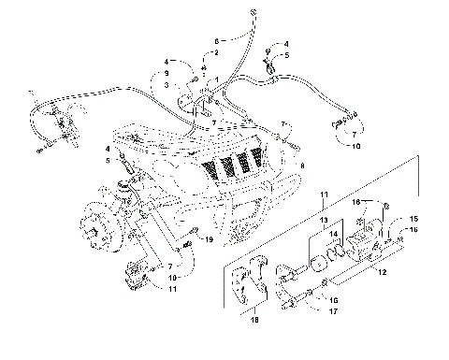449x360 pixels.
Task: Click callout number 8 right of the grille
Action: [301, 165]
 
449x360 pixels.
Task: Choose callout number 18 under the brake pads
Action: [252, 320]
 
